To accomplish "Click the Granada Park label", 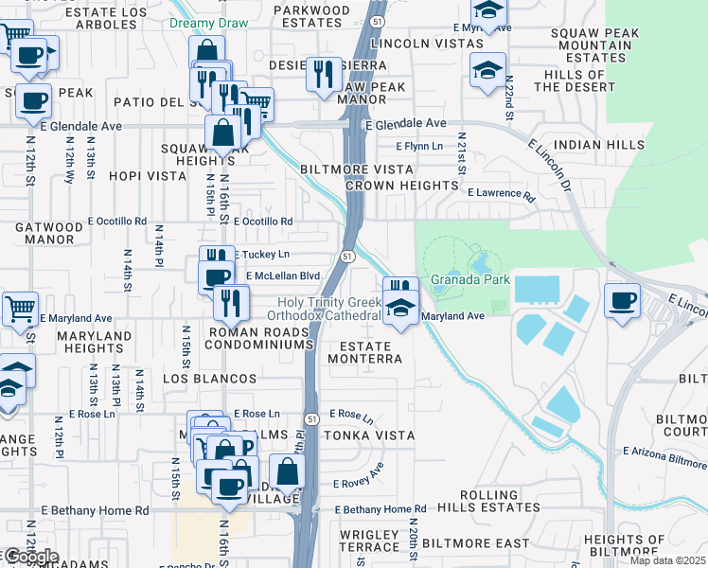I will (x=470, y=279).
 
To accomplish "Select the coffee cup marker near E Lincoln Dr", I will (x=622, y=302).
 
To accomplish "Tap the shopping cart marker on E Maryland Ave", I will (x=20, y=309).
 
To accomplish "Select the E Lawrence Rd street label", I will (x=501, y=193).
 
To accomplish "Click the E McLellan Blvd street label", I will (x=283, y=275).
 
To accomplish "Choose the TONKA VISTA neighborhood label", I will (x=368, y=435).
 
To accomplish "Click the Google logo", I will (x=30, y=557).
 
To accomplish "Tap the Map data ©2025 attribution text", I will (x=667, y=560).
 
